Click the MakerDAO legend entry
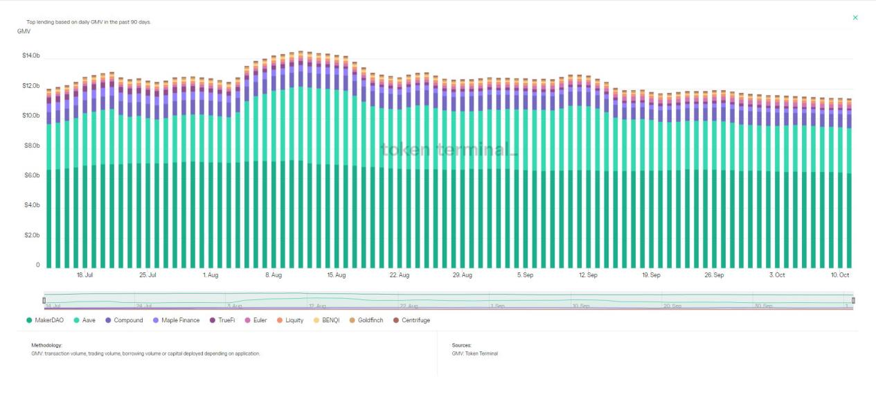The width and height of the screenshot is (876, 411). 48,320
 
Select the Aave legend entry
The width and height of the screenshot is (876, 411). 89,320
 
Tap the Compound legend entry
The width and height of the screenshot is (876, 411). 128,320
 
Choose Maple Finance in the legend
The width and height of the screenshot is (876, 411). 180,320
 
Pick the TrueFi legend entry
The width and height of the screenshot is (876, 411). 226,320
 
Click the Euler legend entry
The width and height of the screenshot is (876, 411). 260,320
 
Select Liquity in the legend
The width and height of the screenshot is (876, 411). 294,320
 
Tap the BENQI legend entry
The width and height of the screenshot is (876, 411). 329,320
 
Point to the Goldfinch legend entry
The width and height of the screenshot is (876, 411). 370,320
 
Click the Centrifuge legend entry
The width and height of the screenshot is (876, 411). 415,320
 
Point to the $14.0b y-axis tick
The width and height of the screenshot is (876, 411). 32,55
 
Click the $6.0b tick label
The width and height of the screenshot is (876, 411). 32,175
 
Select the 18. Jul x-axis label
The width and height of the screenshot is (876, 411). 84,275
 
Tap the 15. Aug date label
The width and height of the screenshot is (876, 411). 336,275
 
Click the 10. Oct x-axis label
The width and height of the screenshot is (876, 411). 840,275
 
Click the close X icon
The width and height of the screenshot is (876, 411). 855,17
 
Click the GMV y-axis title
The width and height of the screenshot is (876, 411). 24,31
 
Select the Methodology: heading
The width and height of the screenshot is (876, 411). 47,344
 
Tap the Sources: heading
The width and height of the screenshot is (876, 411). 461,344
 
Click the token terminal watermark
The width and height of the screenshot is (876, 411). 449,149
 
